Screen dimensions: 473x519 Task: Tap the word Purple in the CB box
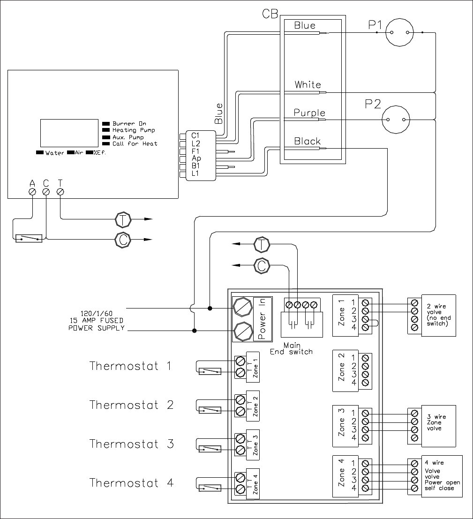coord(309,113)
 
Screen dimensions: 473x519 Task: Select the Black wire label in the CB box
coord(308,141)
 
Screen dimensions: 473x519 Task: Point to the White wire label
coord(308,84)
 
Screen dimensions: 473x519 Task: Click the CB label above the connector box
coord(270,14)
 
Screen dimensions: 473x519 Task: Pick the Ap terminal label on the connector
coord(196,158)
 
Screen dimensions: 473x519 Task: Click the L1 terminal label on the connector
coord(195,173)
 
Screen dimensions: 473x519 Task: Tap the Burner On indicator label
coord(129,123)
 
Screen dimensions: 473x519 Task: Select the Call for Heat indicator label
coord(135,143)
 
